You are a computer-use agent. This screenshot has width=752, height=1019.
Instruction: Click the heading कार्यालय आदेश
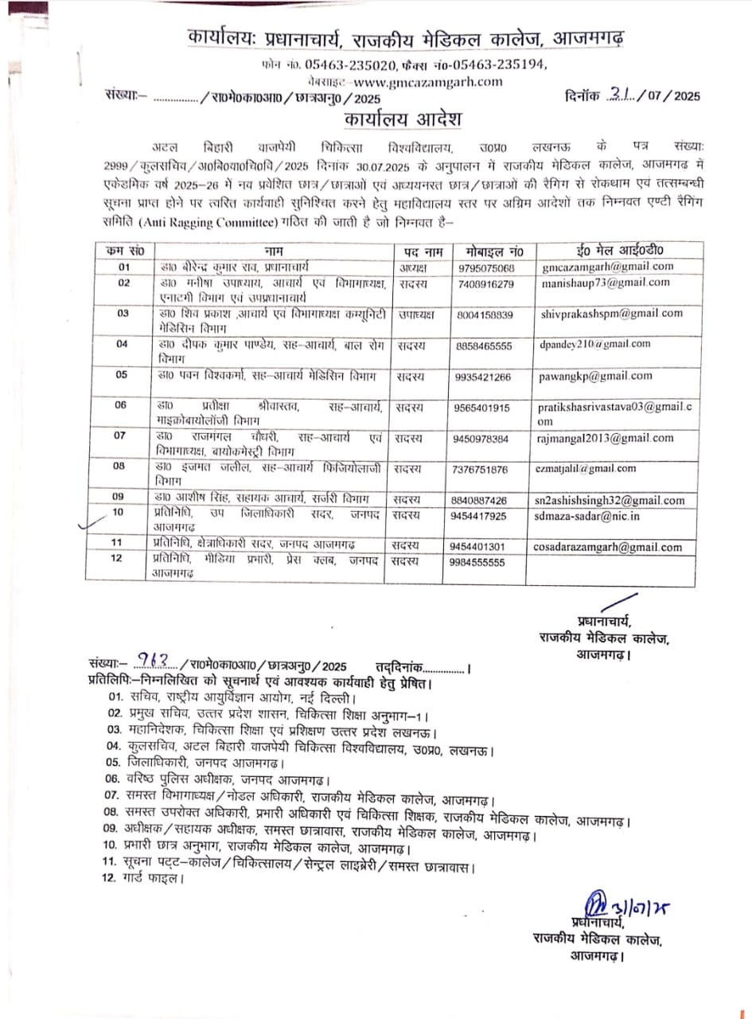pyautogui.click(x=403, y=119)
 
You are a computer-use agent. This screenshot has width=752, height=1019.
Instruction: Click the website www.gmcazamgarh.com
pyautogui.click(x=428, y=81)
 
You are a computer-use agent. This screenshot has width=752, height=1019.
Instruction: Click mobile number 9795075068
pyautogui.click(x=486, y=267)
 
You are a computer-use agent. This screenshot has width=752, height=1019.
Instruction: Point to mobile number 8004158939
pyautogui.click(x=486, y=314)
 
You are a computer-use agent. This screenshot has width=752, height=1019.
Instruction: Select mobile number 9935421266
pyautogui.click(x=486, y=376)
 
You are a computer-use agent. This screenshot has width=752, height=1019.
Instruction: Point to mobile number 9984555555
pyautogui.click(x=486, y=562)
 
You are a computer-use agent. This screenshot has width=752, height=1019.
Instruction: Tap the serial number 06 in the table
pyautogui.click(x=123, y=405)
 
